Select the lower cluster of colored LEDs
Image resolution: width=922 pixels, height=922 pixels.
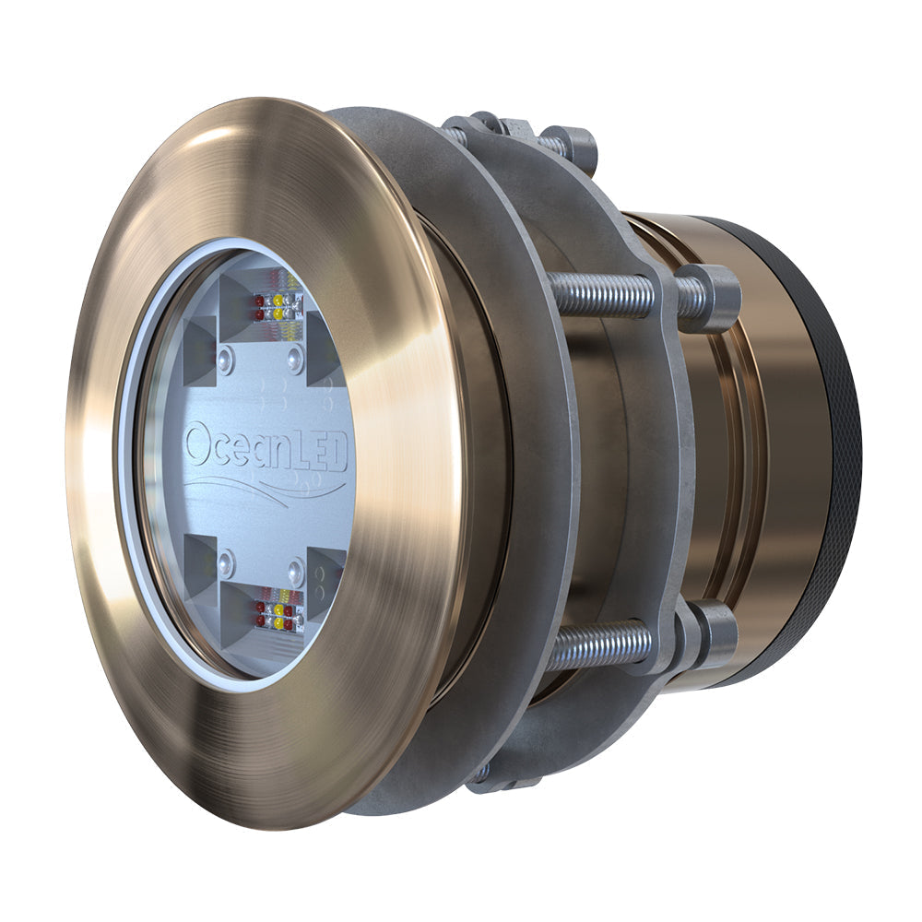(x=278, y=614)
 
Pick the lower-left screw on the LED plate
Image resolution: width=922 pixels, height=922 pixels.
(x=225, y=560)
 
